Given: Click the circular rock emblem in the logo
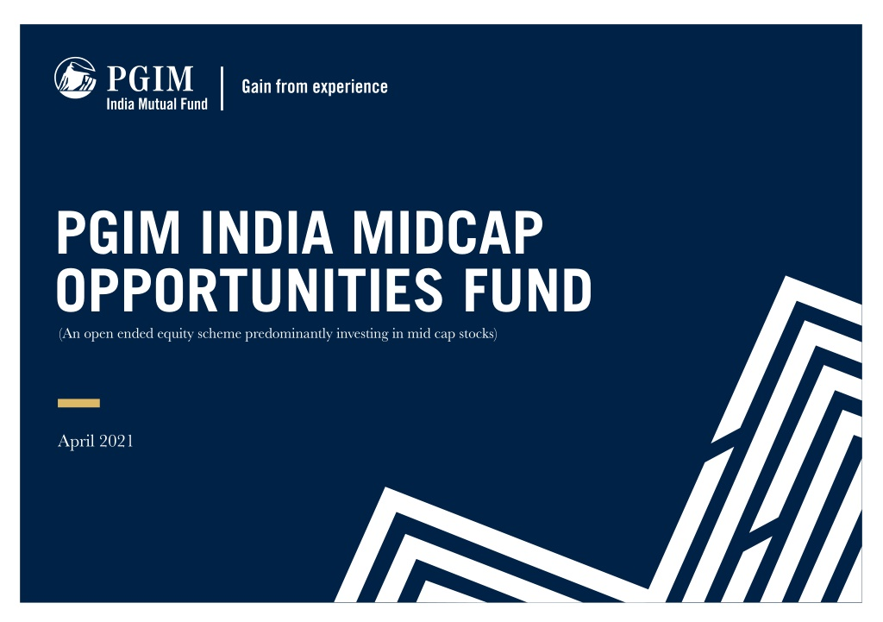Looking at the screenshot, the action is point(75,78).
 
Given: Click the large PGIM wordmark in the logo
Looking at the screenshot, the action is point(150,79).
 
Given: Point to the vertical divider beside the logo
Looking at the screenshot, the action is point(222,89).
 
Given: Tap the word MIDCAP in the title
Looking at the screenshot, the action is point(448,232).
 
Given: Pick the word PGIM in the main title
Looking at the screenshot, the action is point(118,232).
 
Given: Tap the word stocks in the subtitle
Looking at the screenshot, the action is point(478,334).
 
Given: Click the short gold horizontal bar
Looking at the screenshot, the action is point(78,403).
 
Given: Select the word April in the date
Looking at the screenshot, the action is point(76,441).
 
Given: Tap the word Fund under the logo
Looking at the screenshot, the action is point(194,104).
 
